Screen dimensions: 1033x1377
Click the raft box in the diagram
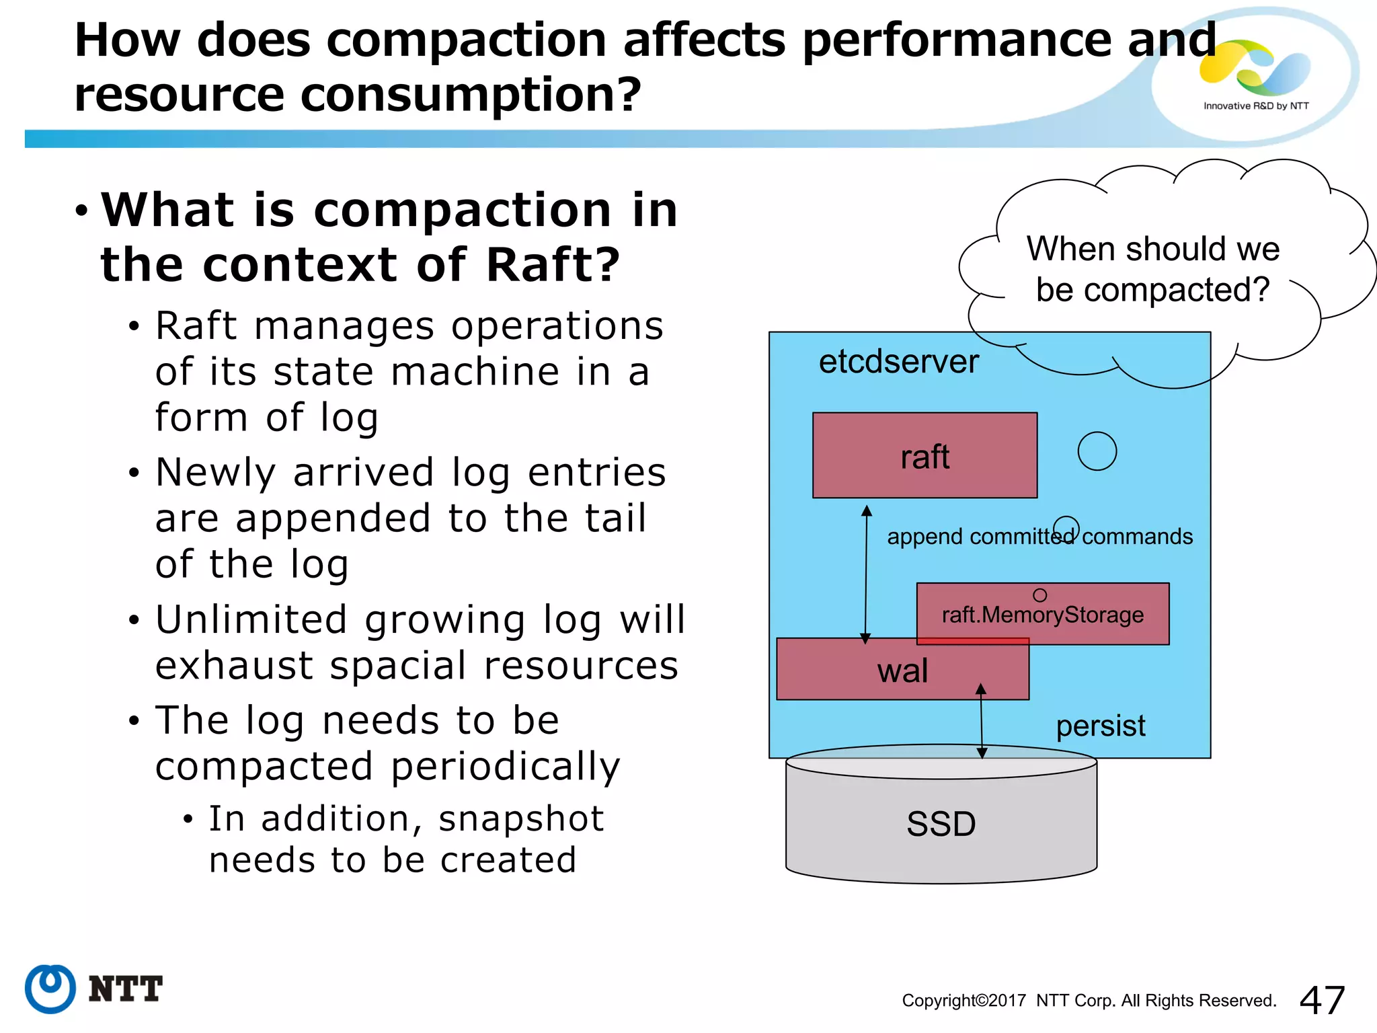click(x=924, y=455)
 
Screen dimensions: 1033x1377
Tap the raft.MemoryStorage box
click(x=1042, y=614)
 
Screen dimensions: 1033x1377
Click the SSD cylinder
click(x=941, y=824)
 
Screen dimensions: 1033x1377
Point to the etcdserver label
click(x=898, y=362)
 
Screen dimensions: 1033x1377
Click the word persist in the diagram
click(x=1100, y=726)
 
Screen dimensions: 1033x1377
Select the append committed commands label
click(x=1039, y=537)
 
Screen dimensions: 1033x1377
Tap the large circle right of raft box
click(x=1097, y=451)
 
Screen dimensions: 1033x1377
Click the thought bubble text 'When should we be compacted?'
click(x=1152, y=269)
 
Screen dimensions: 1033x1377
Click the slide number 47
click(x=1322, y=1000)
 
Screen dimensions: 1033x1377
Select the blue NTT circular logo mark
click(x=50, y=989)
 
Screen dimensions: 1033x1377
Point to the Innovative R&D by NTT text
click(x=1256, y=106)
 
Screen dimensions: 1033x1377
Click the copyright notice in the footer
click(x=1089, y=1001)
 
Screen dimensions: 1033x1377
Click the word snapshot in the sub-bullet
click(x=521, y=818)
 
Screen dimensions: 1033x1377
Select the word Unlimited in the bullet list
click(x=251, y=619)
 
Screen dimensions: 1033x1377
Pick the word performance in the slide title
click(x=957, y=39)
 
